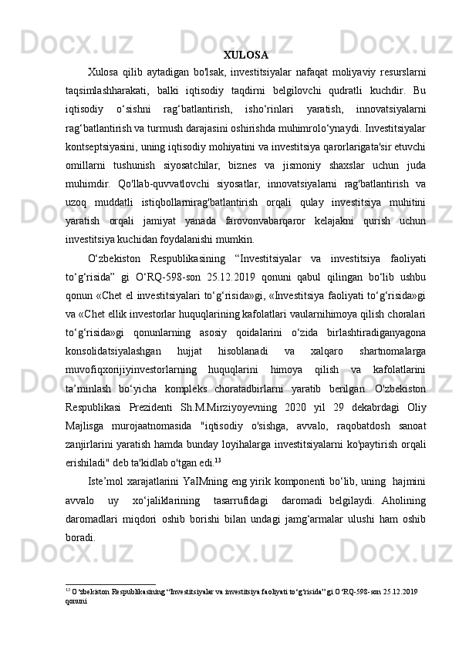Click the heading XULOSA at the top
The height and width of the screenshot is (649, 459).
click(x=245, y=55)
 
